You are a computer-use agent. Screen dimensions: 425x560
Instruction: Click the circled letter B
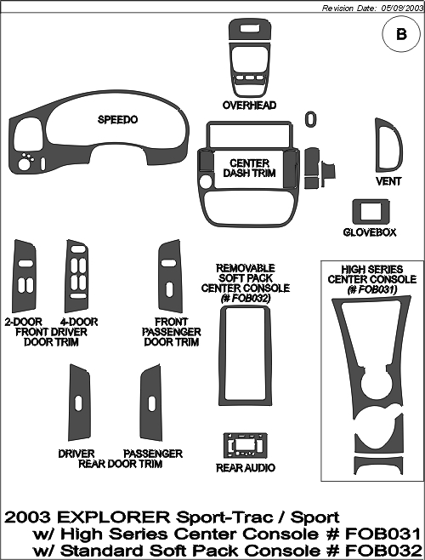click(401, 34)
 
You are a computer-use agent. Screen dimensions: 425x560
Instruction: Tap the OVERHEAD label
click(249, 106)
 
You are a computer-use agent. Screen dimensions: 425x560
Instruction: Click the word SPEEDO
click(117, 120)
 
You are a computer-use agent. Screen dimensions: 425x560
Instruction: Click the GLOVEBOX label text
click(370, 232)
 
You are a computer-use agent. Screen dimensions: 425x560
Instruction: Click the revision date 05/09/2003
click(402, 9)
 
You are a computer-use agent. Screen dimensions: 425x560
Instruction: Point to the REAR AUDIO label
click(246, 467)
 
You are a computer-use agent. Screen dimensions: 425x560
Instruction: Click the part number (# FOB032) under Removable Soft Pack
click(246, 298)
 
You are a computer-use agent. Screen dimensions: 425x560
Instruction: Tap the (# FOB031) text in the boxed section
click(372, 289)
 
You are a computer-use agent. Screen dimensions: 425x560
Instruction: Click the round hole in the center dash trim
click(205, 181)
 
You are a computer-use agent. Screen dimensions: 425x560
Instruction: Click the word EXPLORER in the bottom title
click(114, 517)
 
